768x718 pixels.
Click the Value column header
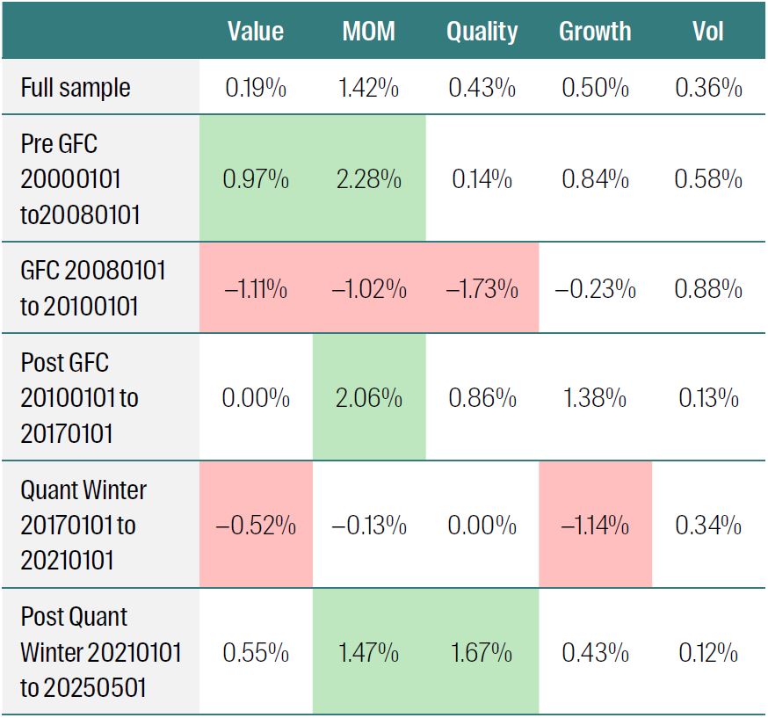[256, 32]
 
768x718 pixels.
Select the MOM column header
[368, 32]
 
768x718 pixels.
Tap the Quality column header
[482, 32]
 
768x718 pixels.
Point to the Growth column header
[595, 32]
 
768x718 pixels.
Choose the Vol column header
[708, 32]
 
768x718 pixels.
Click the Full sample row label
[76, 88]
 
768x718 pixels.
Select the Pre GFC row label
[80, 178]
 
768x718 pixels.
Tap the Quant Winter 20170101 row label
[83, 525]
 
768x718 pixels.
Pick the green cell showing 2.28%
[368, 179]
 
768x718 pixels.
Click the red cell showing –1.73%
[482, 288]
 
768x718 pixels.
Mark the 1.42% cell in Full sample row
[368, 88]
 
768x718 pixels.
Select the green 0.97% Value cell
[256, 179]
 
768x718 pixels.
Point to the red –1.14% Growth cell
[595, 526]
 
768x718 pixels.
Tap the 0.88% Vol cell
[708, 288]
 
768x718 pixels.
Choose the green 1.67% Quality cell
[482, 653]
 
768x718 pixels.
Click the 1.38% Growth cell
[595, 398]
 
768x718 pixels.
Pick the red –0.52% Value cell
[256, 526]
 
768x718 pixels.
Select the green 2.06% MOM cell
[368, 398]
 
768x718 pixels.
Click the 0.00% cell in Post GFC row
[256, 398]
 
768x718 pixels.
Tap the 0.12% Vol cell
[708, 653]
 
